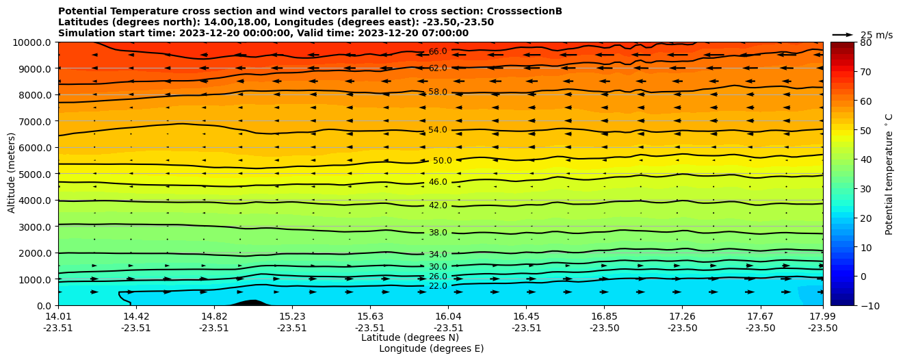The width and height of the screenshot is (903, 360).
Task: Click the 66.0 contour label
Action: tap(438, 51)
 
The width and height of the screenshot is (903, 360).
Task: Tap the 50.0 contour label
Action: tap(443, 161)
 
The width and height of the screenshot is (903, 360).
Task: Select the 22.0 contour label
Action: tap(438, 286)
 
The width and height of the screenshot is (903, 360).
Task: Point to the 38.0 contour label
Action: tap(438, 233)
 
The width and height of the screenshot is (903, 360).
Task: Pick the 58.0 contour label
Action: tap(438, 92)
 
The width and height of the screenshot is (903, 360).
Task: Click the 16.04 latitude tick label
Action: tap(448, 316)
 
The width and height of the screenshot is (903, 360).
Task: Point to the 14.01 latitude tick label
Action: tap(58, 316)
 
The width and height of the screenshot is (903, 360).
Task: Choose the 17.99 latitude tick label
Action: tap(822, 316)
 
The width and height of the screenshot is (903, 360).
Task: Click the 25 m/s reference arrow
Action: tap(843, 34)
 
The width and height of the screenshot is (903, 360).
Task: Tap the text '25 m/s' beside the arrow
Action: tap(876, 35)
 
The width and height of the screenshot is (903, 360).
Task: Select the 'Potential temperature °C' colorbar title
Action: tap(889, 174)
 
